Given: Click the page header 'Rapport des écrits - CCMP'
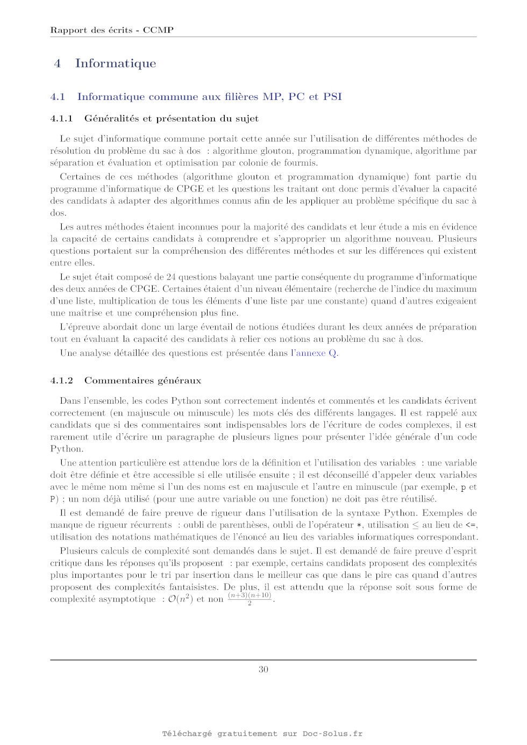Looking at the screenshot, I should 112,30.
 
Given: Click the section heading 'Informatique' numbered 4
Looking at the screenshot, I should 116,63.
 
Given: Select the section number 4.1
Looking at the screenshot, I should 58,97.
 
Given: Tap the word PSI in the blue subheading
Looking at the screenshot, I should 332,97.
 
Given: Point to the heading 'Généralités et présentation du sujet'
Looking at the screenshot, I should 171,119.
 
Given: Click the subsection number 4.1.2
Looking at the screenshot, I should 61,381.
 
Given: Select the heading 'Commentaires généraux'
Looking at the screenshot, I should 143,381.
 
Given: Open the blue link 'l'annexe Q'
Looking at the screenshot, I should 314,353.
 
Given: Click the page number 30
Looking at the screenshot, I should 263,669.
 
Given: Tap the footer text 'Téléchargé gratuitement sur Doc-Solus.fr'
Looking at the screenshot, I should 262,734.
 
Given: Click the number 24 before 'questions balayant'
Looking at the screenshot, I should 171,277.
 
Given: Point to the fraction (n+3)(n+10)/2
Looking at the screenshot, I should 250,598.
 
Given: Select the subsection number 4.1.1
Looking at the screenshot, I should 61,119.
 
